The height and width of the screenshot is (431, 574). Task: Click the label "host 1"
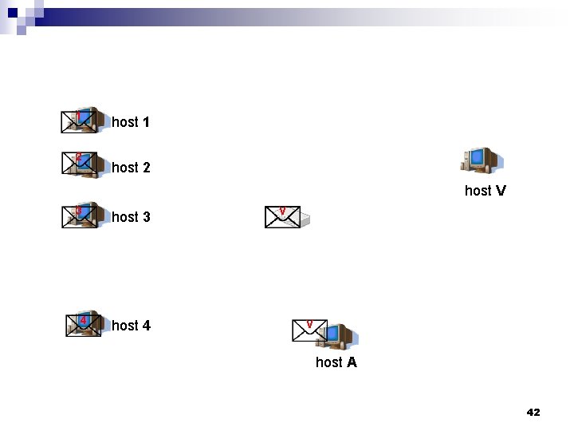[x=131, y=122]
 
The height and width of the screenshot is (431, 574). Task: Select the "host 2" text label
[x=131, y=168]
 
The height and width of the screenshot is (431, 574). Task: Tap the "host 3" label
[x=131, y=217]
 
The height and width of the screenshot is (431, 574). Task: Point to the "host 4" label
[x=131, y=326]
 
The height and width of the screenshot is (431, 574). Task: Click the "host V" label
[x=486, y=191]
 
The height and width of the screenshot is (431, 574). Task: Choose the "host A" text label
[x=336, y=363]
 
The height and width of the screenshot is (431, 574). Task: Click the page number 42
[x=533, y=413]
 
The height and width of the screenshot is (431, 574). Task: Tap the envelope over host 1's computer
[x=78, y=121]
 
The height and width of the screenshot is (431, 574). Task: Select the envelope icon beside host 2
[x=78, y=164]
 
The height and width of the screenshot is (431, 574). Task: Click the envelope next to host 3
[x=78, y=216]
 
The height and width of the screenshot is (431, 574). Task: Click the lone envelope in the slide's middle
[x=282, y=216]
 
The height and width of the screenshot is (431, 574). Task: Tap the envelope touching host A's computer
[x=309, y=330]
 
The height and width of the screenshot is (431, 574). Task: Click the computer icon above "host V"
[x=481, y=160]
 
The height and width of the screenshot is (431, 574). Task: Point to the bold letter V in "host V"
[x=501, y=191]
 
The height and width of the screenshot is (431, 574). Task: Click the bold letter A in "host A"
[x=352, y=363]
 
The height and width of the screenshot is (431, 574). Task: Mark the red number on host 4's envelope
[x=83, y=320]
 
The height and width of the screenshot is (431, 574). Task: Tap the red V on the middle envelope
[x=282, y=211]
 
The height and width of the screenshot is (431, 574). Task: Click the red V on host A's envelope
[x=309, y=324]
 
